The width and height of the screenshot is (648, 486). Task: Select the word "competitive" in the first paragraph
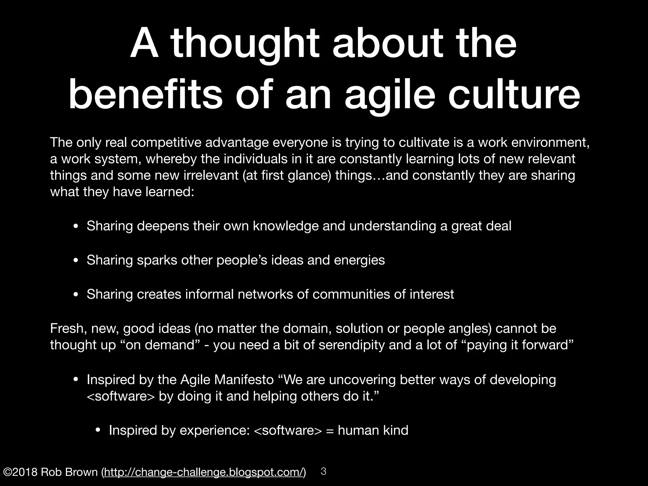[x=166, y=143]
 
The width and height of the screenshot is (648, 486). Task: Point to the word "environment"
[x=550, y=143]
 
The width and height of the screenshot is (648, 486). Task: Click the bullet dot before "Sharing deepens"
[x=76, y=227]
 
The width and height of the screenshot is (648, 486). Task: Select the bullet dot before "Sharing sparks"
[x=76, y=261]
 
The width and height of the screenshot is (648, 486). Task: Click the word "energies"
[x=359, y=260]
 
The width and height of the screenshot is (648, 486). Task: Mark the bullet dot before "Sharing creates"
[x=76, y=295]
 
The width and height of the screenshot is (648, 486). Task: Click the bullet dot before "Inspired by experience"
[x=98, y=431]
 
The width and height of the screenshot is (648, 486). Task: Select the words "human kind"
[x=373, y=430]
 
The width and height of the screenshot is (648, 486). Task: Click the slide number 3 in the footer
[x=323, y=471]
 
